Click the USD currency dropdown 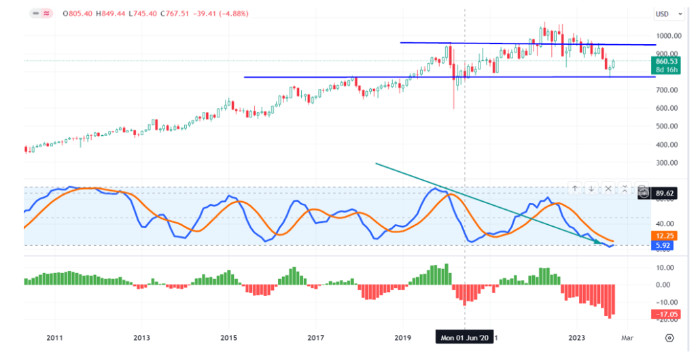point(663,14)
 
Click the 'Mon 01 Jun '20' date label point(464,338)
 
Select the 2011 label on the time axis point(55,338)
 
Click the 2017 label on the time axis point(315,338)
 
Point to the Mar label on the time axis point(627,338)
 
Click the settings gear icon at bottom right point(669,338)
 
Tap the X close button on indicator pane point(609,188)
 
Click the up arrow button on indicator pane point(574,188)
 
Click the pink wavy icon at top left point(47,13)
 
